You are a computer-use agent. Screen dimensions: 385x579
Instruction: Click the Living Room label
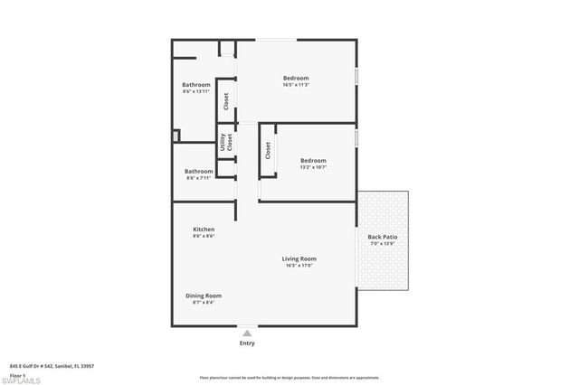click(301, 258)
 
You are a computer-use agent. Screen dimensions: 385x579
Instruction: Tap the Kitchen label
click(204, 230)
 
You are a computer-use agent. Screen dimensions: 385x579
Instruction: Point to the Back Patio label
click(382, 238)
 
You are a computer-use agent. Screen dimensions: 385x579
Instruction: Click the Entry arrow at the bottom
click(247, 333)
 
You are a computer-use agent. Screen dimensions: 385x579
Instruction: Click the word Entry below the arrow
click(247, 343)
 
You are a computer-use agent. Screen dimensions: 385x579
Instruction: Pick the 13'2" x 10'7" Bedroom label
click(313, 160)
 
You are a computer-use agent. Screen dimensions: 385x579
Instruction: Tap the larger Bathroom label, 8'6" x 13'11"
click(196, 85)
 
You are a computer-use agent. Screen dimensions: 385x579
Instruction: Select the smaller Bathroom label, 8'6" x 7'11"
click(199, 171)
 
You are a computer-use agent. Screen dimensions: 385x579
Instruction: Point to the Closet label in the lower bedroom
click(268, 151)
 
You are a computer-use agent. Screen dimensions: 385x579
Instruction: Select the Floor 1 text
click(17, 373)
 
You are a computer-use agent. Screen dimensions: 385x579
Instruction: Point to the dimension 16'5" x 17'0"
click(301, 266)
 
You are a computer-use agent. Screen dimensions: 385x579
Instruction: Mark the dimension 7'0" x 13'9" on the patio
click(382, 244)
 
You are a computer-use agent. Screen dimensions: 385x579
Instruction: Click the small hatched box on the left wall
click(176, 136)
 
